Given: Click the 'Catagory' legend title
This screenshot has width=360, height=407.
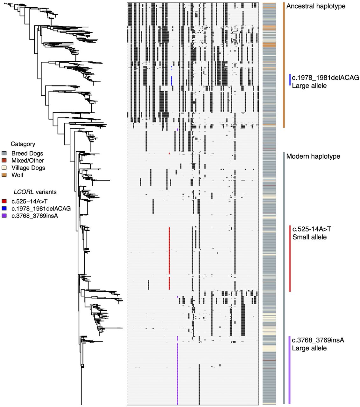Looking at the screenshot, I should [x=23, y=144].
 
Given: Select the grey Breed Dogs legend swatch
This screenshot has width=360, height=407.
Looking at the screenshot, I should [x=4, y=153].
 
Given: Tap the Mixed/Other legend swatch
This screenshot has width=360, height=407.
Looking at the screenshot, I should [x=4, y=161].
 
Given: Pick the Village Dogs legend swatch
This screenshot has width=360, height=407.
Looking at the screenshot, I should [x=4, y=168].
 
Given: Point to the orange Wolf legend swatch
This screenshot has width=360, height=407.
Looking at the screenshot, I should [x=4, y=175].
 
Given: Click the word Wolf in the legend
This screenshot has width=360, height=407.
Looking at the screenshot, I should [x=18, y=175].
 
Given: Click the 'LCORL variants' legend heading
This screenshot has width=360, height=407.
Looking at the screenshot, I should [x=35, y=192].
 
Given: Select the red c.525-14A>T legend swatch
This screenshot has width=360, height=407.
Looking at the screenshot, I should [x=4, y=201].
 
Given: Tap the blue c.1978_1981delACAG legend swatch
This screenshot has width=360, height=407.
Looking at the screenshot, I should [x=4, y=209].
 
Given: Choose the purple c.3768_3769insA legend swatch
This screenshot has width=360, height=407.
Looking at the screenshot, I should [x=4, y=216].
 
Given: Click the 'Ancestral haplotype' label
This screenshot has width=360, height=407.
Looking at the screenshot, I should [x=316, y=6].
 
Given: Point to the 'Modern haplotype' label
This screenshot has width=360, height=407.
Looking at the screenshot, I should [x=313, y=156].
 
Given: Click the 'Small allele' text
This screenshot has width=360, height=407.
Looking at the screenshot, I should [x=309, y=237].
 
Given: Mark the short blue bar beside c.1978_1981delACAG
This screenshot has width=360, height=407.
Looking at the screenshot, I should [x=290, y=79].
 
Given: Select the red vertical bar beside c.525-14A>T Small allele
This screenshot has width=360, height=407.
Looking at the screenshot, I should [x=290, y=258].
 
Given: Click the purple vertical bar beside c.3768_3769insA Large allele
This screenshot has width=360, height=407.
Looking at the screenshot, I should [x=289, y=369].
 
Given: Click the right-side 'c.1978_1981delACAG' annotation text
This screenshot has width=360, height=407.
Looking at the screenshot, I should [x=325, y=78].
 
